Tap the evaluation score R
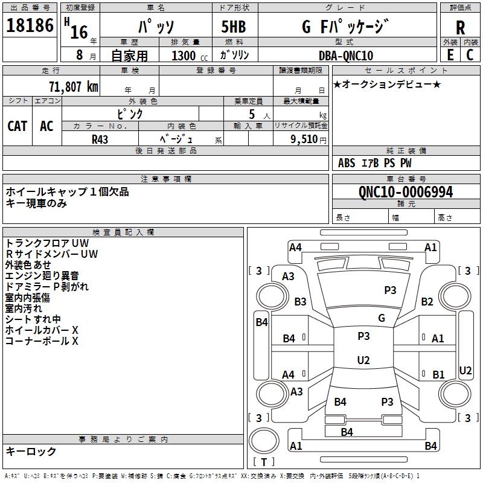point(460,27)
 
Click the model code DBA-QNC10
point(345,56)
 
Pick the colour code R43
point(100,138)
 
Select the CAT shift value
point(17,126)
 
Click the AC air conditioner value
point(46,126)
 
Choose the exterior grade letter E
point(450,55)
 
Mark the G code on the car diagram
point(381,318)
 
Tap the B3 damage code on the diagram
point(300,301)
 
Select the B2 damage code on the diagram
point(427,301)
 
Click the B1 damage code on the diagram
point(438,375)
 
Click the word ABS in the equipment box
point(347,163)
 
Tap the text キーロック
point(31,451)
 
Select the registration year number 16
point(79,31)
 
